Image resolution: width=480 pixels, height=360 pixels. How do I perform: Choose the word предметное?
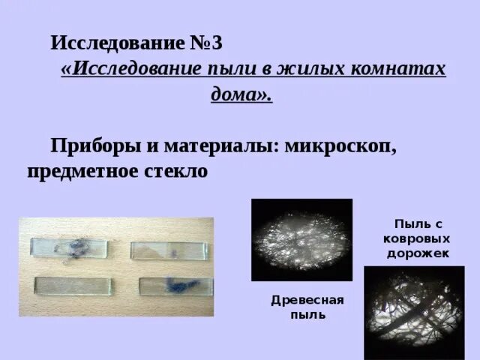(x=82, y=171)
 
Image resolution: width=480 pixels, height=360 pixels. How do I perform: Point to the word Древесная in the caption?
(x=307, y=300)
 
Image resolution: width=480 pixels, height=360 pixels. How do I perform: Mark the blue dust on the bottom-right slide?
(x=180, y=284)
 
